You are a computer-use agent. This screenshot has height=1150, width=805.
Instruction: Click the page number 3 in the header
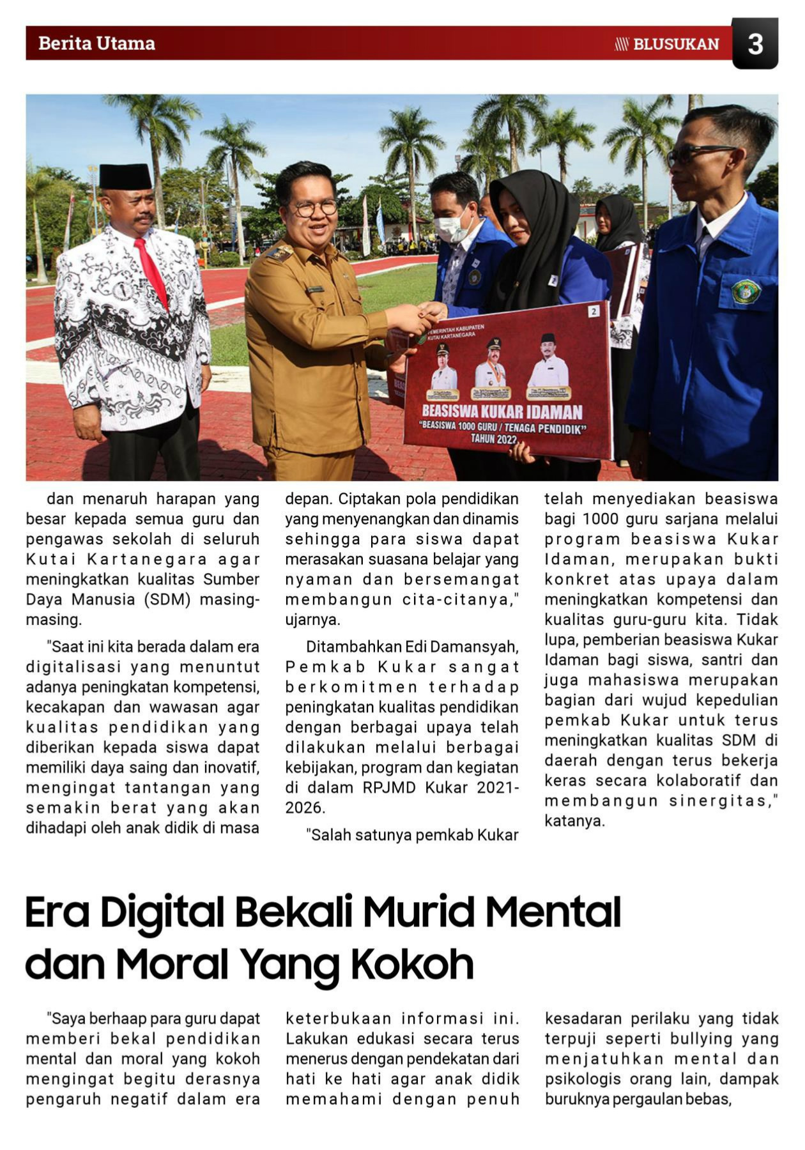(755, 44)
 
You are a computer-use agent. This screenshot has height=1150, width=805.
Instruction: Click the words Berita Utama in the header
(96, 43)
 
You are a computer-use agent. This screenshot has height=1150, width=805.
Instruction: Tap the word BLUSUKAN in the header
(676, 44)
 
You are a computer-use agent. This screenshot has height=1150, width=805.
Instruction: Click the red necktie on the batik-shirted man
(151, 271)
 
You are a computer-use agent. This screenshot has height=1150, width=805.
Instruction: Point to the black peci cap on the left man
(125, 176)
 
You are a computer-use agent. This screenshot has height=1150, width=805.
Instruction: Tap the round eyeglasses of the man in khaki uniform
(315, 208)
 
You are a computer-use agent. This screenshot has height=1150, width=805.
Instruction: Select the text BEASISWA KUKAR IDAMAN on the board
(502, 412)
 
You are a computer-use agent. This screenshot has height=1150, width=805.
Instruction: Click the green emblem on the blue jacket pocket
(745, 291)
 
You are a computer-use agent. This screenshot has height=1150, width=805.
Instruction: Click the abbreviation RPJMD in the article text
(387, 788)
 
